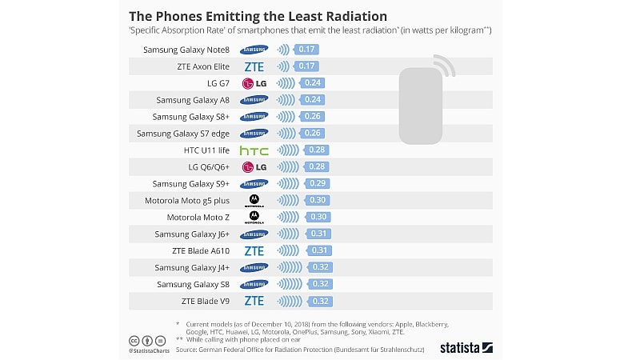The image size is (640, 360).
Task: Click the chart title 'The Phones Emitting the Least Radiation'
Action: [258, 16]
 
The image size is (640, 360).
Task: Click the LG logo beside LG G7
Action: [254, 83]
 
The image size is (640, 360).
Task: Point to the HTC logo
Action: [254, 150]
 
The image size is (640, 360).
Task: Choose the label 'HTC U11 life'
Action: [207, 150]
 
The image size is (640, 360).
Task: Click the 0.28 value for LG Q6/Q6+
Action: [317, 167]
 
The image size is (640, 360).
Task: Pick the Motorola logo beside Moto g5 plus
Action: [254, 200]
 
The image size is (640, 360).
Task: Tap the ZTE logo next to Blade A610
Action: [254, 250]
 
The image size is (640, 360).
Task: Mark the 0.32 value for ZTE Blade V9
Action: [321, 301]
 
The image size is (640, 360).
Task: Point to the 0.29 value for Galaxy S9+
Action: [318, 183]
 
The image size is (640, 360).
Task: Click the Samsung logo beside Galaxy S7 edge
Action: [254, 134]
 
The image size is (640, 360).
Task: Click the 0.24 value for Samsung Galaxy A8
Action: [313, 100]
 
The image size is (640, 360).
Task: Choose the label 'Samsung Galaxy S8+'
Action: [192, 117]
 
